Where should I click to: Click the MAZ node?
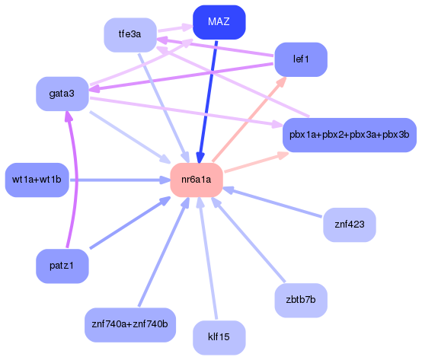[218, 22]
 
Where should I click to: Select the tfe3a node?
[130, 35]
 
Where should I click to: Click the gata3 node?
[62, 94]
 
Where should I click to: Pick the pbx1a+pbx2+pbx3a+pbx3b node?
[349, 135]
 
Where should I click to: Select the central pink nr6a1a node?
[196, 180]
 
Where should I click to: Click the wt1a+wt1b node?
[37, 180]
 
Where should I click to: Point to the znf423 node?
[350, 225]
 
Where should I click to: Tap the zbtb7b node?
[300, 301]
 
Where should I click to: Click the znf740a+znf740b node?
[130, 324]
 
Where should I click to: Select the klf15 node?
[219, 337]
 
